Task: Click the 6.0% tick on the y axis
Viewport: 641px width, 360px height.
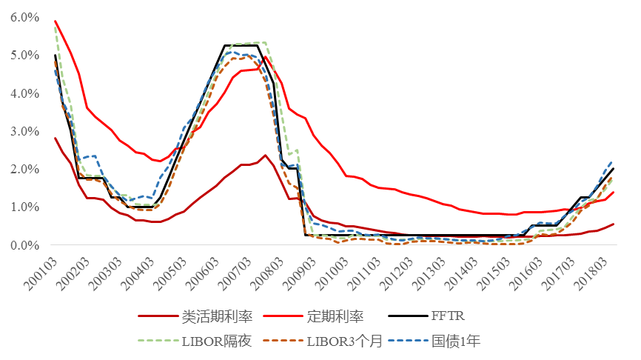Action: pos(24,17)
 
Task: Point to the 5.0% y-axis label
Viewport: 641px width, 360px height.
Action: pos(24,55)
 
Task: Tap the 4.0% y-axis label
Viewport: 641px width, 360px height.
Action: pos(24,93)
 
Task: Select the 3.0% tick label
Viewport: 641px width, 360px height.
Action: pos(24,131)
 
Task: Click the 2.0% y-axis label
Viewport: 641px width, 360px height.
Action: pos(24,169)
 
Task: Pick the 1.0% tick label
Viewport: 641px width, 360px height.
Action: pos(24,207)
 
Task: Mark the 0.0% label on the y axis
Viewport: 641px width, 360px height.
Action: pos(24,245)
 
